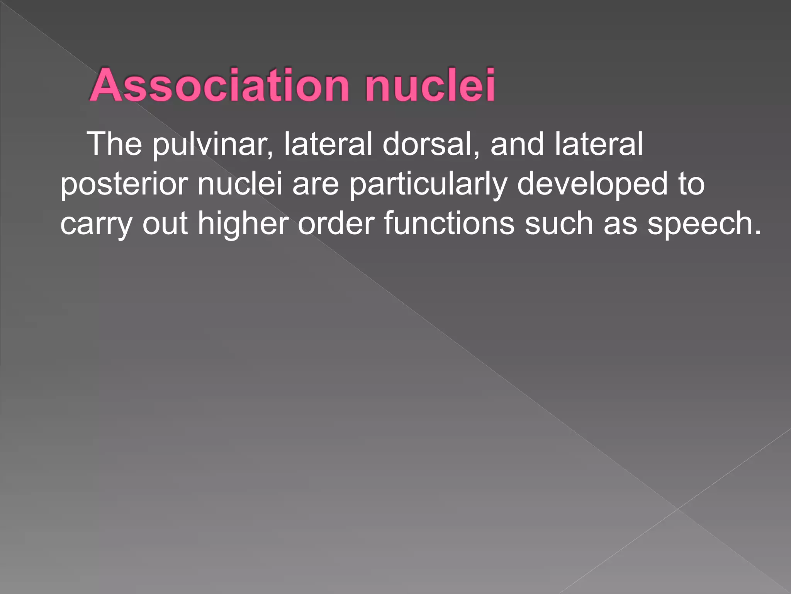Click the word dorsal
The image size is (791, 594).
coord(431,144)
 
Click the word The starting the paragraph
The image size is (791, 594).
coord(115,144)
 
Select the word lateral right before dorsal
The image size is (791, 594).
coord(328,144)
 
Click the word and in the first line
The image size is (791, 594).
coord(518,144)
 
